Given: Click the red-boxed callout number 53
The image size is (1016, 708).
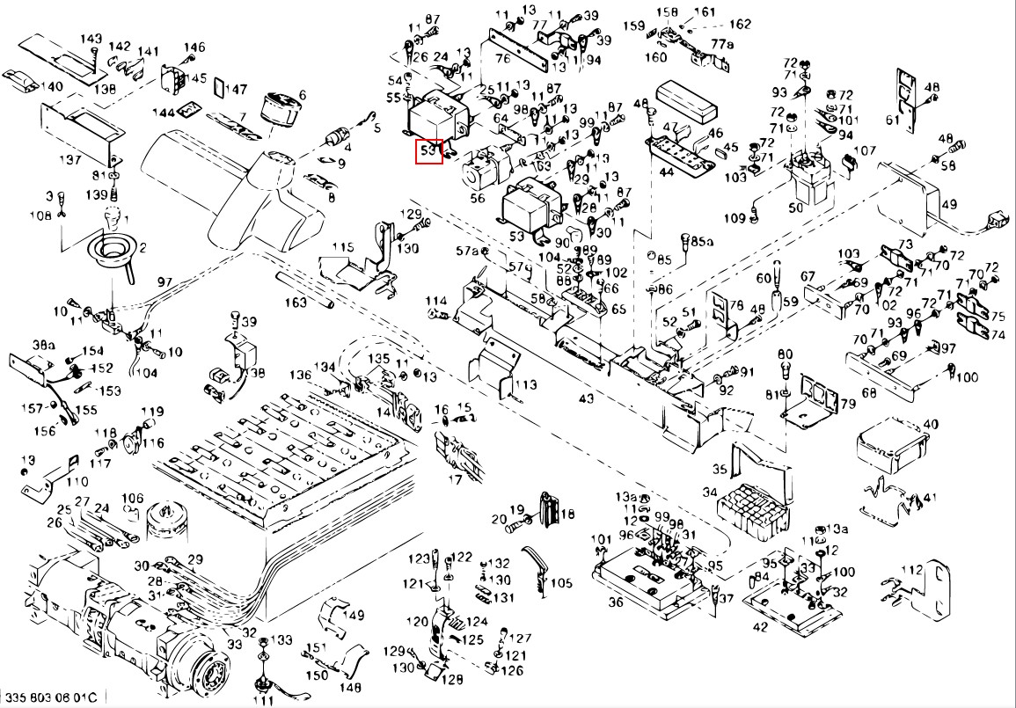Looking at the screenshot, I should pos(428,151).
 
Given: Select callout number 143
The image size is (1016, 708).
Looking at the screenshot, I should pos(91,40).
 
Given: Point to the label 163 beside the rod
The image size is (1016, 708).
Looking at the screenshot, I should pos(296,303).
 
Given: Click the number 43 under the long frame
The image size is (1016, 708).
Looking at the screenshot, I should pos(586,398).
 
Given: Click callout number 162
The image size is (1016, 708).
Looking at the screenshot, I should pos(741,24).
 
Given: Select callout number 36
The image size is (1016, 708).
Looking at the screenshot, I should pos(615,602).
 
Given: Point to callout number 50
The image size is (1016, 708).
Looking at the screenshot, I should pos(796,208).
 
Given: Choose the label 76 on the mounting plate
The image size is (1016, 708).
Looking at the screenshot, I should pos(502,59).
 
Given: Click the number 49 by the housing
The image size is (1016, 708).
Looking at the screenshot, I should pos(948,205).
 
